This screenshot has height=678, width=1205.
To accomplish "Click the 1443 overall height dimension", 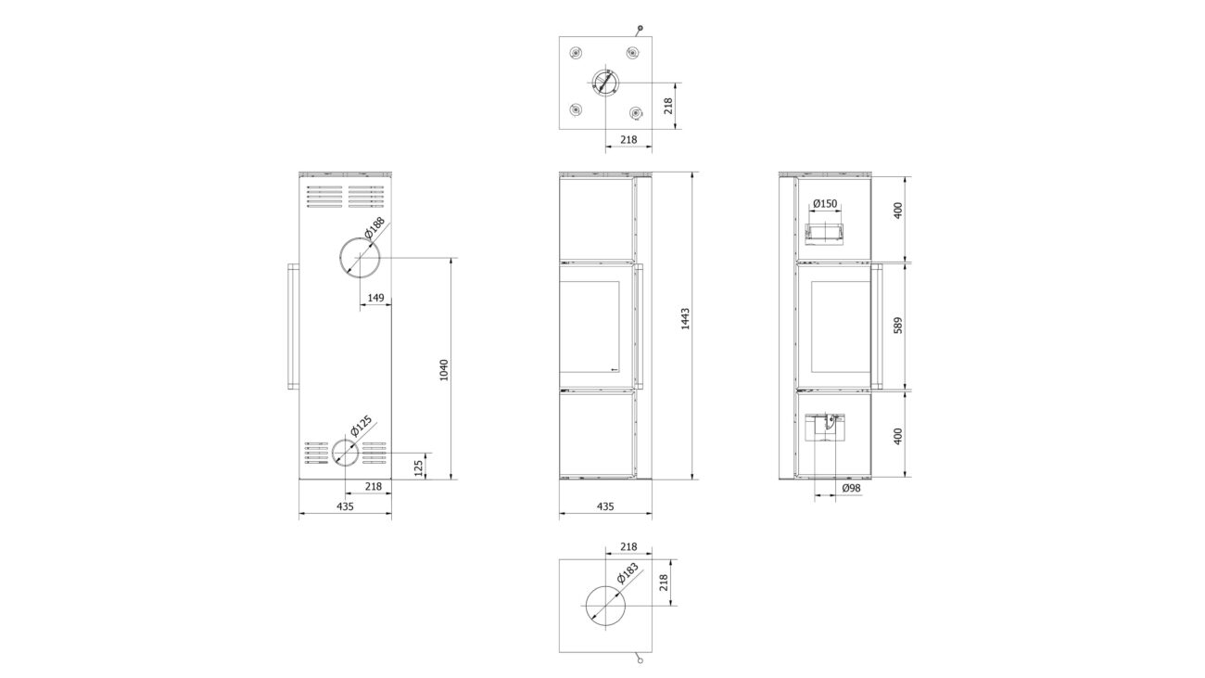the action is coord(685,318).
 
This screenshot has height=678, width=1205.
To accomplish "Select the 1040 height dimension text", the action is coord(444,370).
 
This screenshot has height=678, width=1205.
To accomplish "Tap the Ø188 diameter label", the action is coord(374,227).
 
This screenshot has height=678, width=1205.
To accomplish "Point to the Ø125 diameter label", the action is coord(361,425).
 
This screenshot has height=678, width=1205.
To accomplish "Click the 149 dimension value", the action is coord(375,298).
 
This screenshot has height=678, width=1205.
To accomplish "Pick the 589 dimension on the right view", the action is coord(897,325).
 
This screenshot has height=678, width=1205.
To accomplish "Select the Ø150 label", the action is coord(825,203).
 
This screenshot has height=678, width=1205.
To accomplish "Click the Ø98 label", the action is coord(852,488).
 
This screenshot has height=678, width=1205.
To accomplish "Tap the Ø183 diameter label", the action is coord(628,573).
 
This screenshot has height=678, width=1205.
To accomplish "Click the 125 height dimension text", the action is coord(419,468).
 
